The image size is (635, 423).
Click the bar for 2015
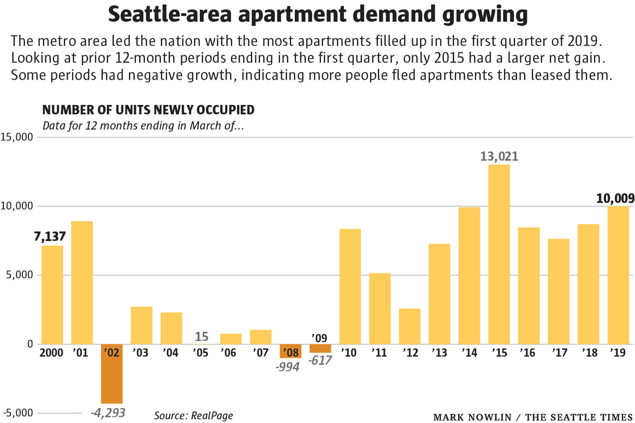pos(499,254)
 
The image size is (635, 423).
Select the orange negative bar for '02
pos(112,374)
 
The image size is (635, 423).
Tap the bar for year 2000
pos(52,294)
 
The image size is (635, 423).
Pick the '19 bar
pos(618,275)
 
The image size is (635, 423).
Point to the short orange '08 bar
pos(290,351)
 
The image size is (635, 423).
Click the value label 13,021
pos(499,157)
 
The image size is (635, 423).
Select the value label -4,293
pos(108,411)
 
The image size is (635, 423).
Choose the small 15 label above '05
pos(202,337)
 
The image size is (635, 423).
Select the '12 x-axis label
pos(410,353)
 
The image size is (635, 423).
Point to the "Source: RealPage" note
pos(194,415)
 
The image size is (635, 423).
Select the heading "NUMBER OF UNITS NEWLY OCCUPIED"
pos(148,110)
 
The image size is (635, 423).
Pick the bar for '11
pos(380,309)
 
